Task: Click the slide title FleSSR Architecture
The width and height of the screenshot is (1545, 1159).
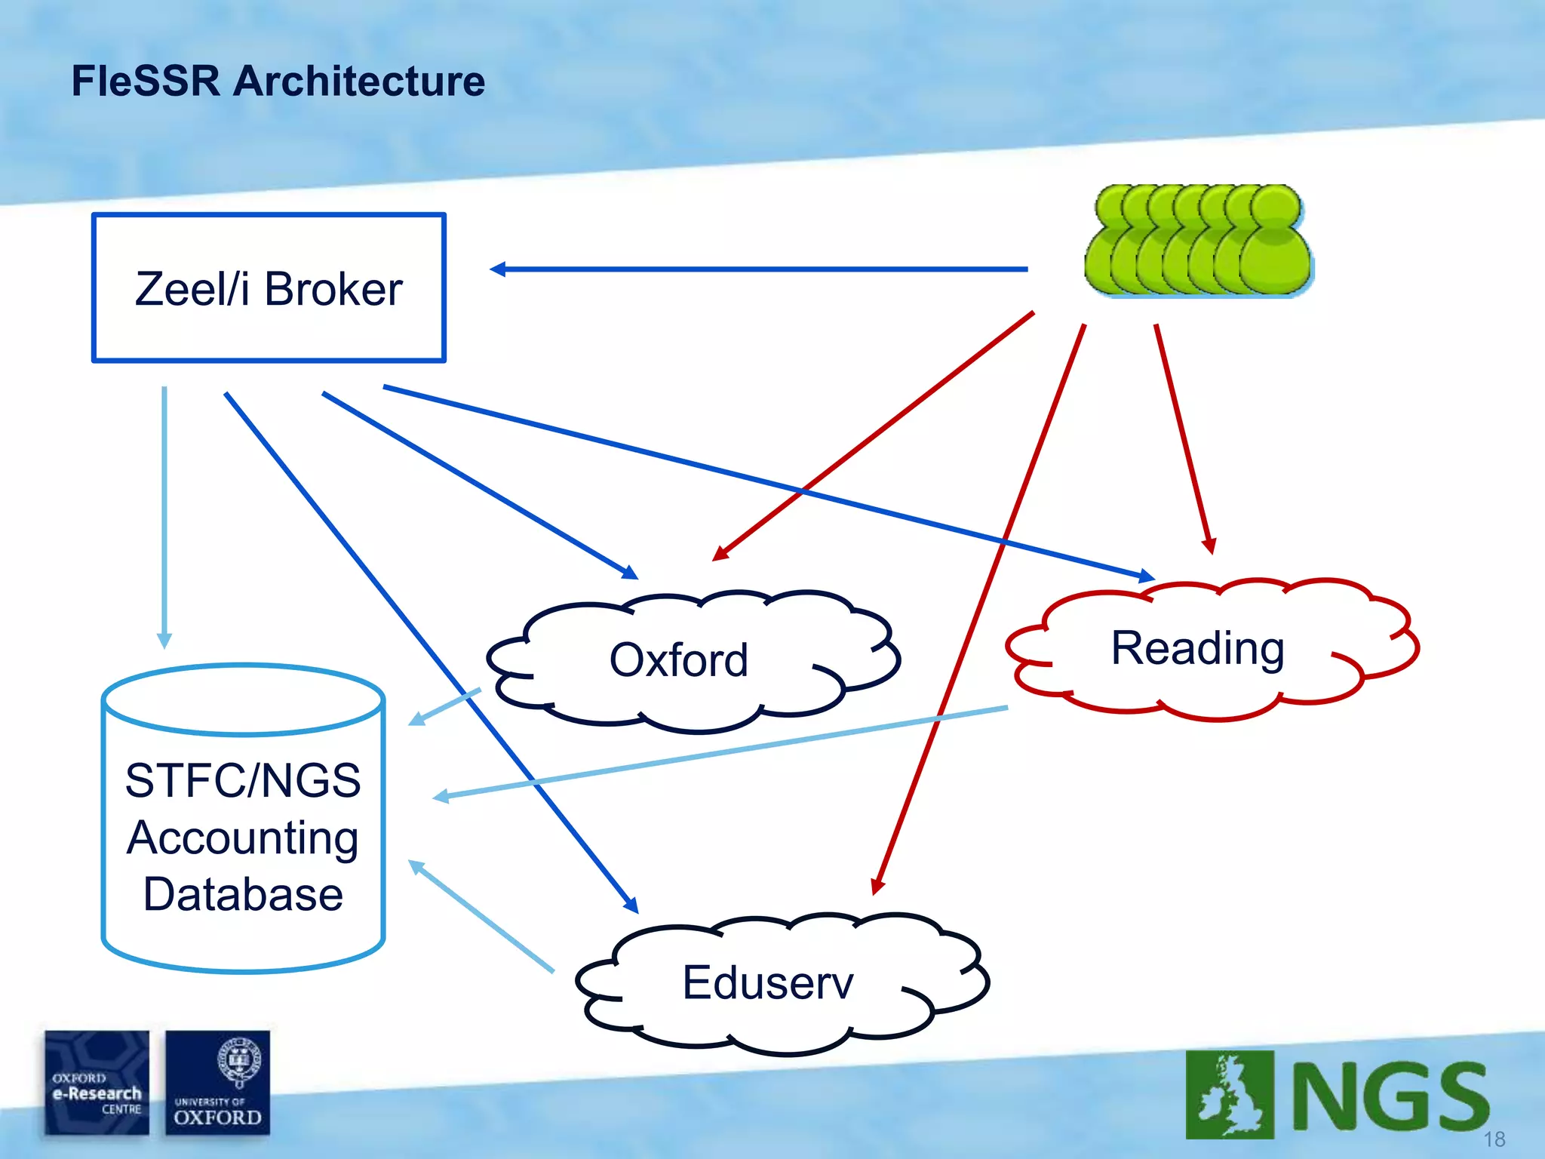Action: tap(278, 81)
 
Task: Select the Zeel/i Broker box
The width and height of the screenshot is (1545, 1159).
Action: tap(269, 287)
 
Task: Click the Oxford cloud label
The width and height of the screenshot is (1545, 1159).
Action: tap(677, 660)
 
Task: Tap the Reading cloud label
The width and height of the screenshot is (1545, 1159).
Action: tap(1197, 648)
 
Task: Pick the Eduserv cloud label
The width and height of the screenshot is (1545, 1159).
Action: tap(767, 982)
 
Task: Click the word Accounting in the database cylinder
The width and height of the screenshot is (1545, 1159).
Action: tap(242, 838)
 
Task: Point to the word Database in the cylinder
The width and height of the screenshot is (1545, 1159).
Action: tap(243, 895)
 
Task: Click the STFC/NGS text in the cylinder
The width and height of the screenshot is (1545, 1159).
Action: tap(242, 780)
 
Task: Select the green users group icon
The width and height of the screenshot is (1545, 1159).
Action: tap(1198, 240)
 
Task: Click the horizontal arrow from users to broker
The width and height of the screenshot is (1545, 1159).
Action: tap(758, 269)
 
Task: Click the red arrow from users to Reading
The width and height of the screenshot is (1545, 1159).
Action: tap(1184, 438)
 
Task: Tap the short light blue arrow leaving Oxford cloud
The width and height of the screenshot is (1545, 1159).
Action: tap(445, 706)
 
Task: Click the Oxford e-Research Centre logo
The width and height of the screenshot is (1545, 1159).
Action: tap(97, 1082)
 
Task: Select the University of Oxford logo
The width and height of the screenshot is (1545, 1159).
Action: tap(217, 1082)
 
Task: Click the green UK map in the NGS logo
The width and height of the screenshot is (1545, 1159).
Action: tap(1230, 1094)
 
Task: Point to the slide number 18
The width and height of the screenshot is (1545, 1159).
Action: tap(1494, 1139)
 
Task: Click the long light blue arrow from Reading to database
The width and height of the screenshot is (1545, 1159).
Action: tap(720, 752)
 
